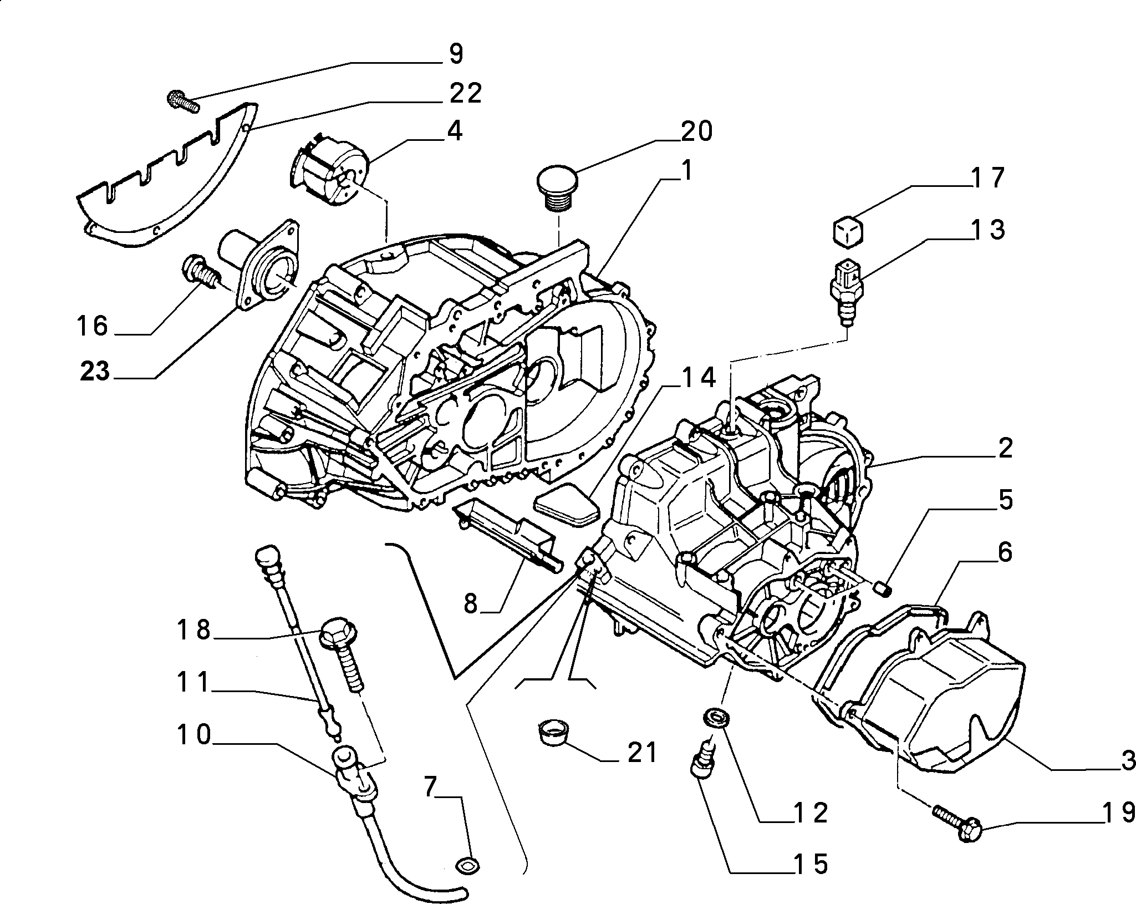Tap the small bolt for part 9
tap(183, 102)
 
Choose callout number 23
tap(95, 371)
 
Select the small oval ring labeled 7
tap(467, 864)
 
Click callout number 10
tap(193, 735)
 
